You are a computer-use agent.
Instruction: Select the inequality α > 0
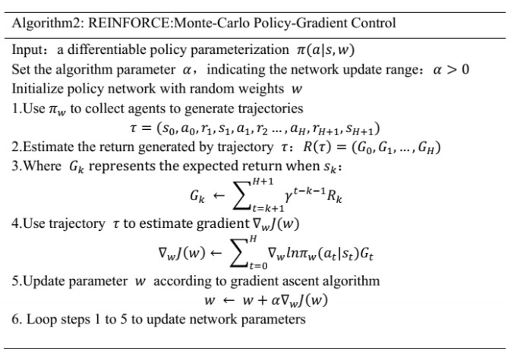tap(449, 70)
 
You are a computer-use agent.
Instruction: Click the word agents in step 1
tap(147, 108)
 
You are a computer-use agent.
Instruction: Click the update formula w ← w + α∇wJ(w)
tap(266, 299)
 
